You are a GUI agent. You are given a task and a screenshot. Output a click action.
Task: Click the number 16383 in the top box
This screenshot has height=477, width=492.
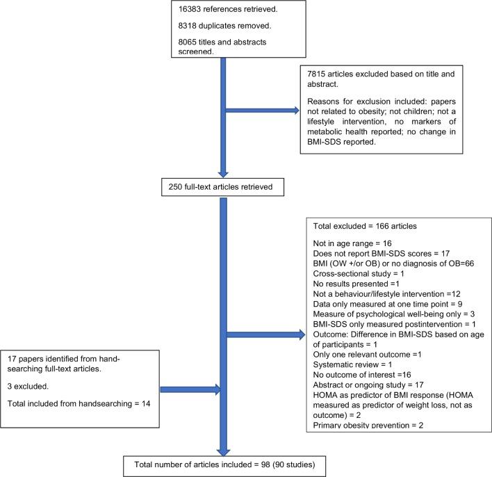click(190, 9)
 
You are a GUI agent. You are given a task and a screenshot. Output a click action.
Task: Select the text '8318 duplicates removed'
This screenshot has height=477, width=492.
click(224, 26)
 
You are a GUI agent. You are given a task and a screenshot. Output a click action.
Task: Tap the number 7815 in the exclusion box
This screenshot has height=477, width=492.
click(316, 74)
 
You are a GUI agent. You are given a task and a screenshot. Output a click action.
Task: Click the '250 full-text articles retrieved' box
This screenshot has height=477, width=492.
click(222, 187)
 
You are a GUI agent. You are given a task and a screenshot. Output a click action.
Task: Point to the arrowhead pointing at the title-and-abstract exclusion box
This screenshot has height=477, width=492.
click(296, 111)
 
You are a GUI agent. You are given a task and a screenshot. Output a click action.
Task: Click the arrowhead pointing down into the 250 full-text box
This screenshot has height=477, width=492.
click(223, 174)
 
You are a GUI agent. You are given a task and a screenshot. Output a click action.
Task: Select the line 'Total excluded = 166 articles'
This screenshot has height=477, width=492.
click(365, 226)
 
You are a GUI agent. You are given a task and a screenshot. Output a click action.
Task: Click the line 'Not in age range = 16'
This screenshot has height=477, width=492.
click(352, 243)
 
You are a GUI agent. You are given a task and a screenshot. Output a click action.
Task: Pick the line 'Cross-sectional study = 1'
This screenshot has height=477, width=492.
click(359, 273)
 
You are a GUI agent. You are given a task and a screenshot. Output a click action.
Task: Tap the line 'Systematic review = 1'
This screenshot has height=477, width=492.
click(352, 364)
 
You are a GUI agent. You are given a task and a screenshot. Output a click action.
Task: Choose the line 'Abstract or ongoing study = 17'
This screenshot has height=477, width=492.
click(368, 385)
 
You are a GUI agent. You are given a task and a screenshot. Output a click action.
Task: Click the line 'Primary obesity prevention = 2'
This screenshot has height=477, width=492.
click(368, 425)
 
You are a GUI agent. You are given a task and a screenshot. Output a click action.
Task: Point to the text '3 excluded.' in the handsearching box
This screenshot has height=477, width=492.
click(28, 386)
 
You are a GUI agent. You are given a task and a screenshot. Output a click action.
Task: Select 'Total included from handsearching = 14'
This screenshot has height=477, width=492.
click(79, 403)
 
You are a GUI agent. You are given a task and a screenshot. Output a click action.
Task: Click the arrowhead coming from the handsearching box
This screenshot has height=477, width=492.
click(218, 389)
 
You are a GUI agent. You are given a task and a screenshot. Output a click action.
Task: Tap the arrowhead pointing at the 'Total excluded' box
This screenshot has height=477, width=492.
click(302, 334)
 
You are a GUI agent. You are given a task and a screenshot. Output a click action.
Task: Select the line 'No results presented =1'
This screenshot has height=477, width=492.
click(356, 284)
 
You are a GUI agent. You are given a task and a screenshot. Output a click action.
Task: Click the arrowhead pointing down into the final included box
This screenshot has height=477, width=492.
click(223, 452)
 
